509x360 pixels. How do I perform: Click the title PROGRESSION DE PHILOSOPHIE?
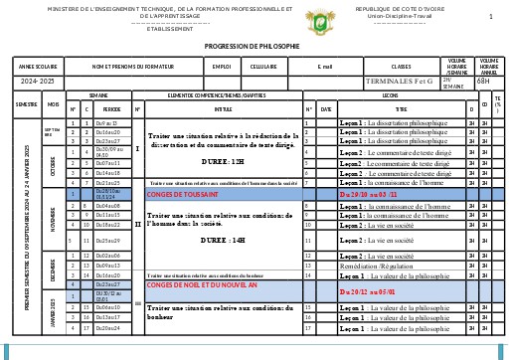click(252, 47)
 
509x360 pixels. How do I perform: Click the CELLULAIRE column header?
click(263, 66)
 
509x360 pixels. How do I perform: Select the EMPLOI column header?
click(222, 66)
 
